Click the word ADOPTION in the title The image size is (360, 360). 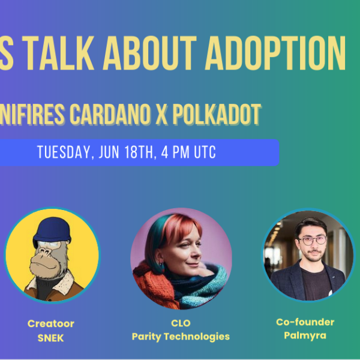pyautogui.click(x=275, y=53)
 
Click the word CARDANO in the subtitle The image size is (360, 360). pyautogui.click(x=110, y=114)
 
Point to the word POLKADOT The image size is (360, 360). pyautogui.click(x=217, y=114)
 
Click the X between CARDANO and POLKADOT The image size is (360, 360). pyautogui.click(x=161, y=114)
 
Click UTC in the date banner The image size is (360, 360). pyautogui.click(x=205, y=152)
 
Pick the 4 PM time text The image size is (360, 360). pyautogui.click(x=175, y=152)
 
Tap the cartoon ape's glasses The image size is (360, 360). pyautogui.click(x=49, y=244)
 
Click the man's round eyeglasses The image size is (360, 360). pyautogui.click(x=313, y=240)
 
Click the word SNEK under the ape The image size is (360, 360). pyautogui.click(x=50, y=338)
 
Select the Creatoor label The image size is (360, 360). pyautogui.click(x=51, y=324)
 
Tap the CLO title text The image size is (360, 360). pyautogui.click(x=181, y=323)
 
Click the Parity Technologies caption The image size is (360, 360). pyautogui.click(x=181, y=337)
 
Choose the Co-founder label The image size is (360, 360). pyautogui.click(x=305, y=322)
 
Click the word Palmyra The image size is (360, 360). pyautogui.click(x=305, y=335)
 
